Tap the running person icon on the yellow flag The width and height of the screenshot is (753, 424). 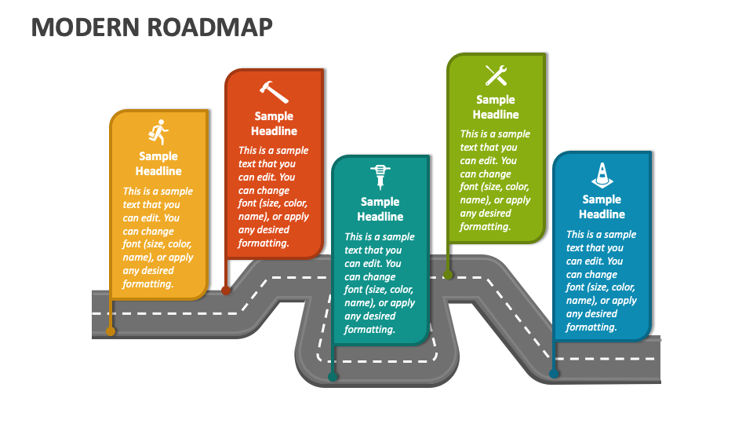[159, 133]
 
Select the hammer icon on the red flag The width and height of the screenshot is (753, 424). [274, 92]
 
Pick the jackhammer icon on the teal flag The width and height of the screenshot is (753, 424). [380, 177]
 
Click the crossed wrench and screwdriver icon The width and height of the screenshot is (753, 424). [496, 75]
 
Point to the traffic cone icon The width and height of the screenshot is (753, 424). [602, 174]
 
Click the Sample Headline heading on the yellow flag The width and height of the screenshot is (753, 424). [158, 163]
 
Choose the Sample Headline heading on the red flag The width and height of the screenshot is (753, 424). [274, 123]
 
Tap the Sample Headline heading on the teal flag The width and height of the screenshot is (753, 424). [380, 209]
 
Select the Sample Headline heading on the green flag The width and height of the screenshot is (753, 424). [496, 107]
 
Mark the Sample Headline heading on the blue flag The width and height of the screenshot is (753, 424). [602, 207]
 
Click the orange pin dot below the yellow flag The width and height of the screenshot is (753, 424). [111, 331]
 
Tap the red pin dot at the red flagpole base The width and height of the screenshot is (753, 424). [226, 291]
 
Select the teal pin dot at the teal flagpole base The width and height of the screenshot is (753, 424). [333, 377]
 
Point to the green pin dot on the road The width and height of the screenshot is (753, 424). [448, 275]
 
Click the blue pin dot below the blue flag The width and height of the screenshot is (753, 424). [554, 374]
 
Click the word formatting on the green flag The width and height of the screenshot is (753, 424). [485, 227]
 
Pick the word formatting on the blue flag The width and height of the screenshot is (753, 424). [591, 327]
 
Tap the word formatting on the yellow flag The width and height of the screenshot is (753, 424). [147, 284]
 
